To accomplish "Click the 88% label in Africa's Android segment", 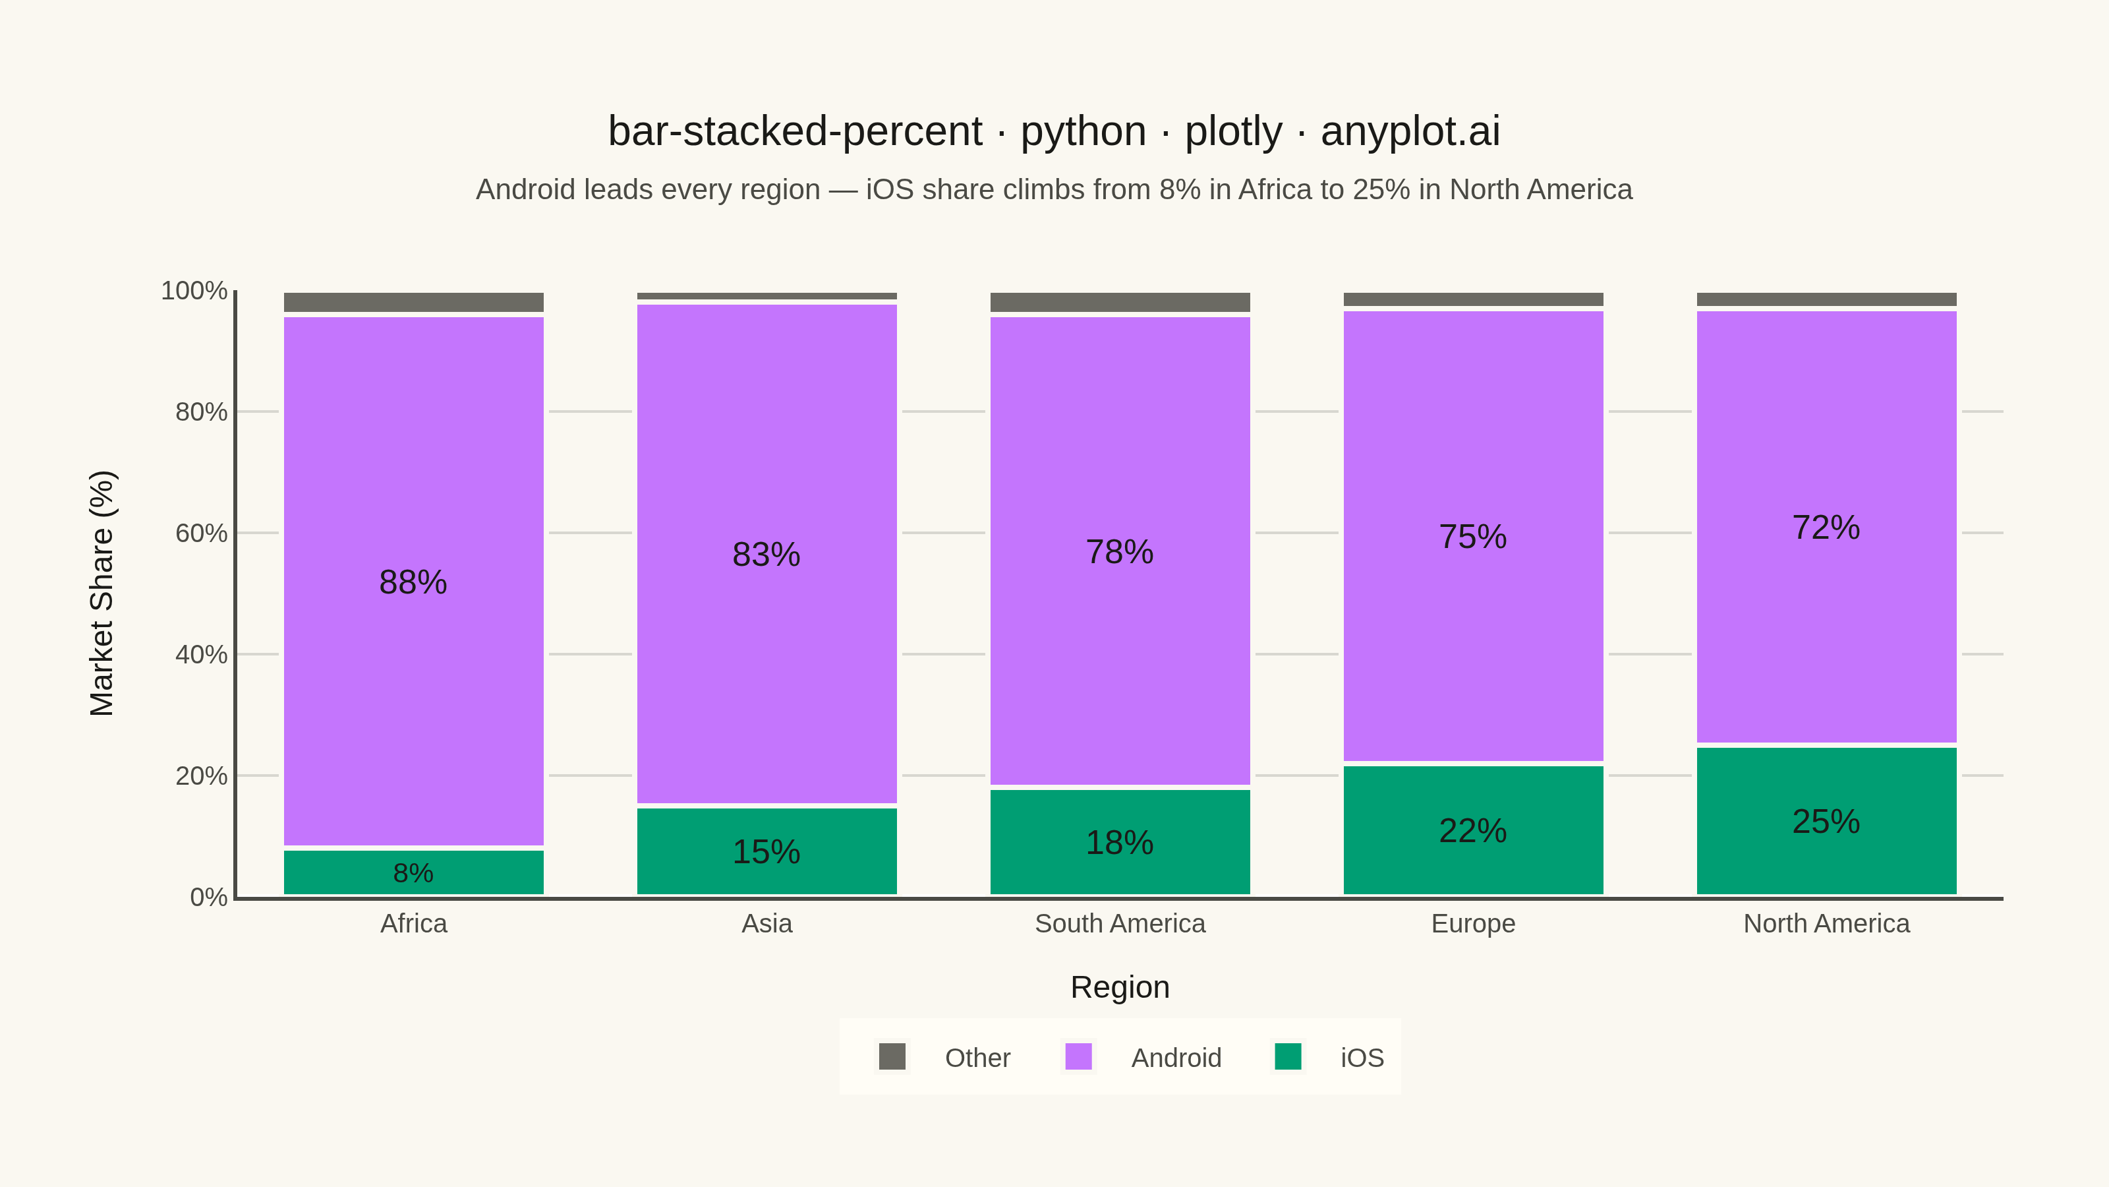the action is click(413, 582).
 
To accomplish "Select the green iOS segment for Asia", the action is click(766, 851).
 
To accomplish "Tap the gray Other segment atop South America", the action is click(1120, 302).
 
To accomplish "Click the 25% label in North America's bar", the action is click(1826, 822).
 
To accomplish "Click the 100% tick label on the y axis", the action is click(194, 291).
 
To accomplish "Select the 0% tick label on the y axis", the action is click(209, 897).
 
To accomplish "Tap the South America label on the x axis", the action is click(1120, 923).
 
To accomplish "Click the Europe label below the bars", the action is click(1473, 924).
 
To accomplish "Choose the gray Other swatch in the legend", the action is click(892, 1056).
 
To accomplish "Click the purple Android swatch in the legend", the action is click(1078, 1056).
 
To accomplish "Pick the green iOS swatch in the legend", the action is click(1288, 1056).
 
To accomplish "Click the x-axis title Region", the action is click(1120, 987).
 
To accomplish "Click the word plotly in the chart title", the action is click(1233, 132).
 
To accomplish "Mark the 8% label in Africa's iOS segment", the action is click(413, 873).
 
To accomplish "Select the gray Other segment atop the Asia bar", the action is click(766, 295).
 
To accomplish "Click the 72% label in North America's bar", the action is click(1826, 528).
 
